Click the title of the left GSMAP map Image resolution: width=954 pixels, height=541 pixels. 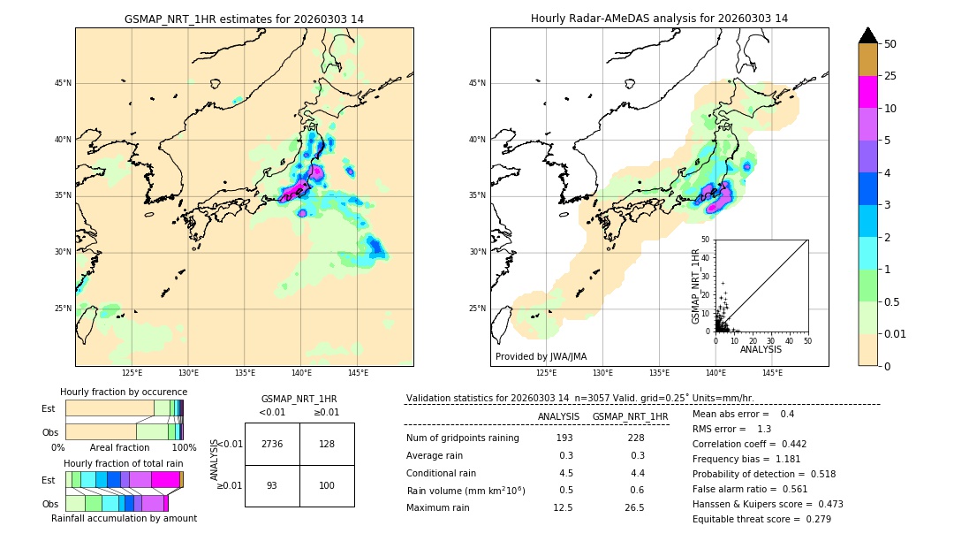coord(244,19)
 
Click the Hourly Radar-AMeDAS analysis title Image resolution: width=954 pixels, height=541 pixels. coord(659,19)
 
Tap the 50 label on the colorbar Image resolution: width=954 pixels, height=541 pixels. coord(890,44)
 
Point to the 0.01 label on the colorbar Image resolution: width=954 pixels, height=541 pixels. coord(896,333)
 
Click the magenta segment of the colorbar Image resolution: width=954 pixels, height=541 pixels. coord(867,92)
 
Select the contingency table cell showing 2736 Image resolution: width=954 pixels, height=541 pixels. coord(272,444)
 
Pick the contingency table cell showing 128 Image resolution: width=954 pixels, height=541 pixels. coord(327,444)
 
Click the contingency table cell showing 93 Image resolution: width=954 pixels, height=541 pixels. coord(272,485)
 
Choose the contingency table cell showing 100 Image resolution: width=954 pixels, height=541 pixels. coord(327,485)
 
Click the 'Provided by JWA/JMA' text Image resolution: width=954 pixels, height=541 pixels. coord(541,357)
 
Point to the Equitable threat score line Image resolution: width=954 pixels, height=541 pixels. coord(761,519)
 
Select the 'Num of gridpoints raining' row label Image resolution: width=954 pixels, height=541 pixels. coord(462,438)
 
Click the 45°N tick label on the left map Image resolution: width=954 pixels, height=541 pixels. coord(63,83)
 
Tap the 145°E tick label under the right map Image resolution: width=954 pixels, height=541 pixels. coord(772,373)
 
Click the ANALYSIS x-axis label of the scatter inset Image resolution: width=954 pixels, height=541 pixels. coord(761,349)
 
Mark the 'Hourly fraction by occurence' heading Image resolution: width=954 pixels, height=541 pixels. coord(124,392)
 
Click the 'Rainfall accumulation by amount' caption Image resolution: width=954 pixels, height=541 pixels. coord(124,518)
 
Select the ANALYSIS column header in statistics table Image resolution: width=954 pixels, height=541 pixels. coord(558,416)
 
